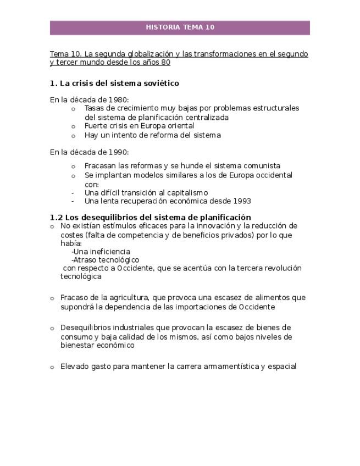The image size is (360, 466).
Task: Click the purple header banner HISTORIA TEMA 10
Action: pyautogui.click(x=180, y=27)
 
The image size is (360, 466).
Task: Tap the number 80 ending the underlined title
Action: pyautogui.click(x=165, y=63)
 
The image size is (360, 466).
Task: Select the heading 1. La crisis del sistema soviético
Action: pyautogui.click(x=114, y=84)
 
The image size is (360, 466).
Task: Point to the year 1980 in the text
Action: pyautogui.click(x=118, y=99)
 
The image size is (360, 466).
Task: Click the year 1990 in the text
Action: pyautogui.click(x=118, y=152)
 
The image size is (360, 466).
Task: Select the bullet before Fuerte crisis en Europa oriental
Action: pyautogui.click(x=73, y=126)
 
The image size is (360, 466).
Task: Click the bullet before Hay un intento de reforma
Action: pyautogui.click(x=73, y=135)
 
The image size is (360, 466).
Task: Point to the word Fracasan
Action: pyautogui.click(x=101, y=166)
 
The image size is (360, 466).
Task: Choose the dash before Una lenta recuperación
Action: pyautogui.click(x=73, y=201)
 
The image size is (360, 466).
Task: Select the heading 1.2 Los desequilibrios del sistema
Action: pyautogui.click(x=150, y=217)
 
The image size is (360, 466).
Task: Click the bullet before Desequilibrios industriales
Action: pyautogui.click(x=52, y=328)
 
